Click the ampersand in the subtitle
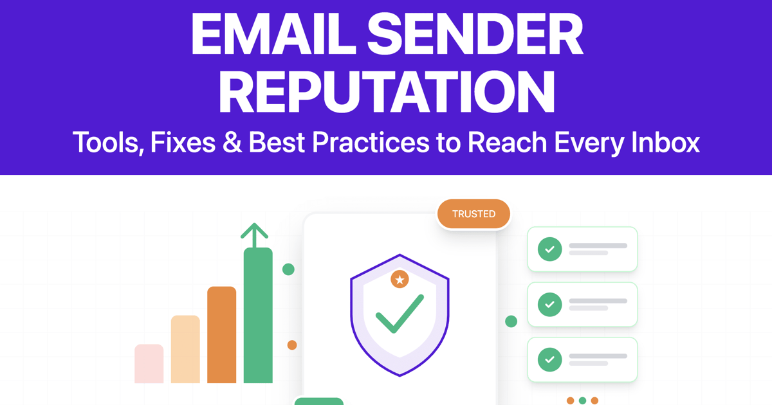[x=232, y=142]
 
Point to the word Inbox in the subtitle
[x=665, y=142]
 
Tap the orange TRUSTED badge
[x=473, y=214]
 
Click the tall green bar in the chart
[x=258, y=315]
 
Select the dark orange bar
[x=221, y=335]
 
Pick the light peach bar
[x=185, y=349]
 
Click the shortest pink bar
[x=149, y=364]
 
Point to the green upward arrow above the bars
[x=254, y=235]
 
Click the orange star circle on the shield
[x=400, y=279]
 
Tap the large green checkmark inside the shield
[x=400, y=314]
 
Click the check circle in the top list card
[x=549, y=249]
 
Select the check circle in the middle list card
[x=549, y=305]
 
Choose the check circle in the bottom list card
[x=549, y=359]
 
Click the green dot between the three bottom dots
[x=582, y=401]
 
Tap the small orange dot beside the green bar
[x=292, y=345]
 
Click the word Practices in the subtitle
[x=371, y=142]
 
